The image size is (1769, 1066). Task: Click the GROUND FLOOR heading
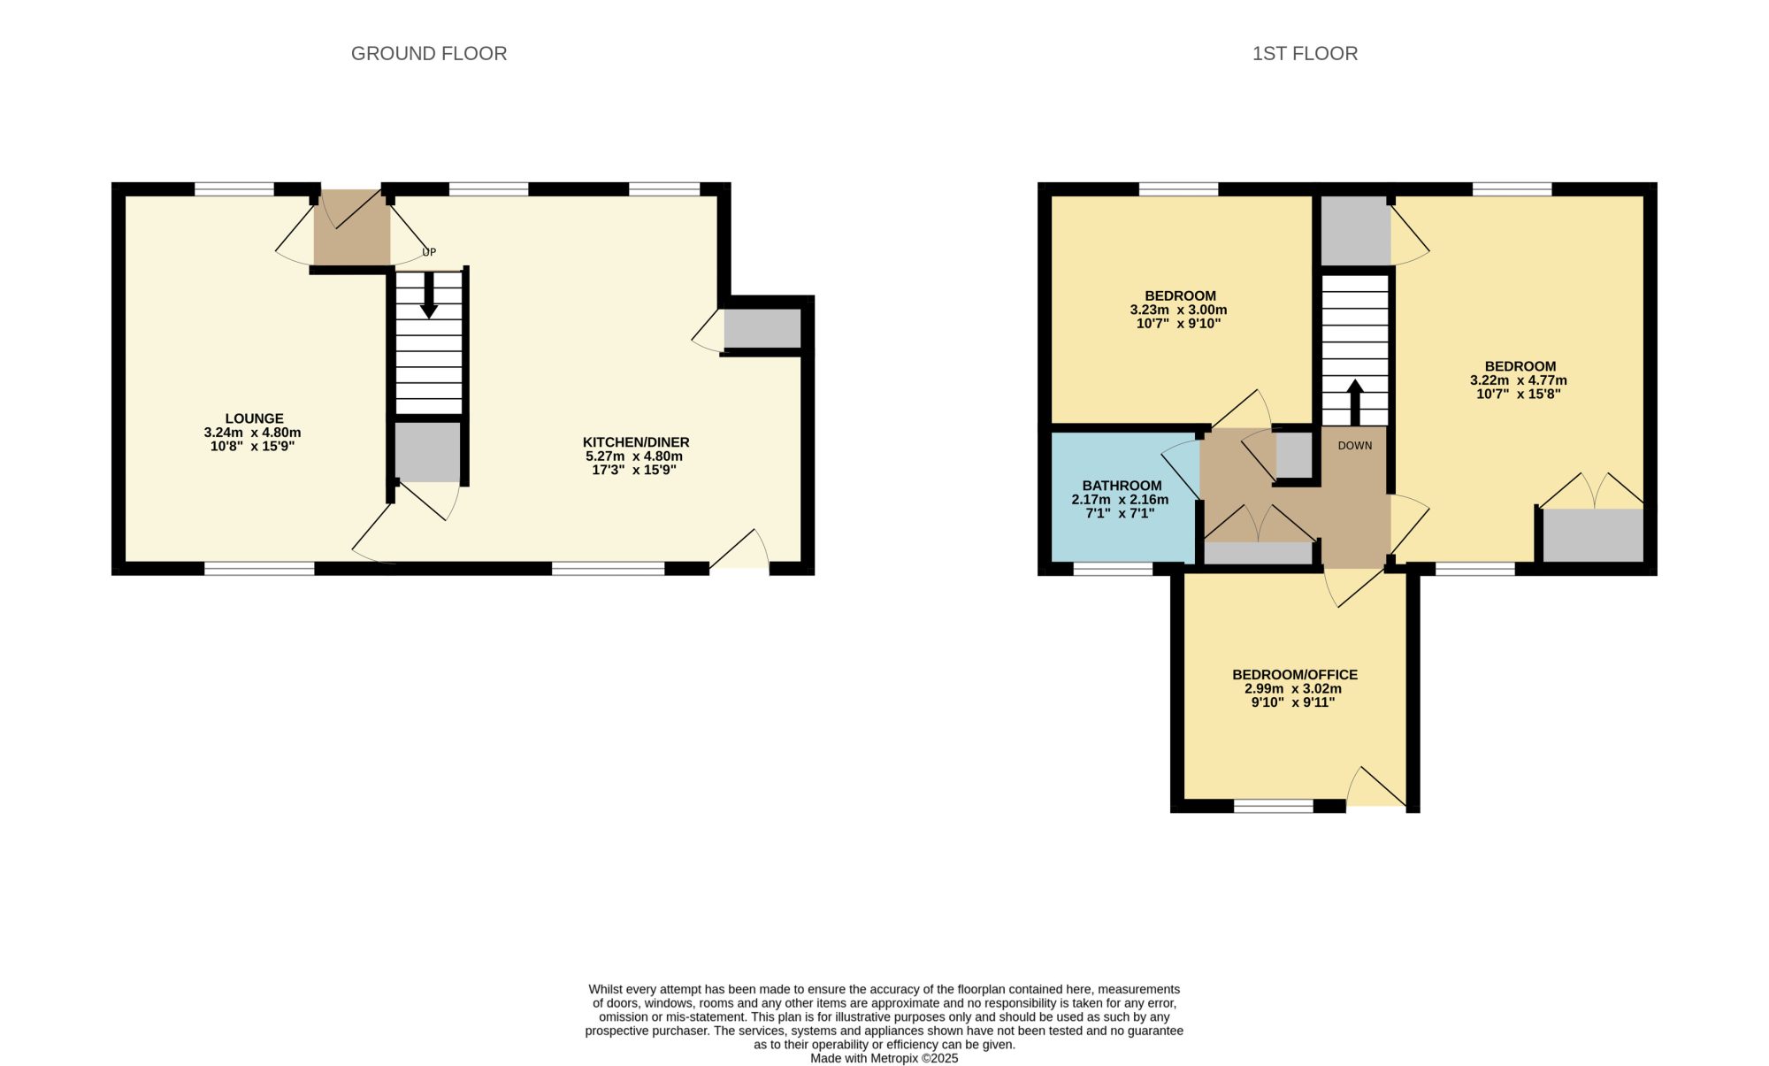coord(429,54)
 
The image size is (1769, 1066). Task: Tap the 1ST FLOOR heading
coord(1305,54)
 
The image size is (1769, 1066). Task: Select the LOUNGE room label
coord(254,418)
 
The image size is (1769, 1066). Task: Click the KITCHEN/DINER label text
coord(636,442)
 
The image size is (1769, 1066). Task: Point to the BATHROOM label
coord(1122,486)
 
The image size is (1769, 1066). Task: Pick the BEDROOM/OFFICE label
coord(1295,675)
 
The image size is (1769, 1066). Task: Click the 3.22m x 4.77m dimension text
coord(1519,380)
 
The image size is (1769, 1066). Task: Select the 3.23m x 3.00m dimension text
coord(1178,311)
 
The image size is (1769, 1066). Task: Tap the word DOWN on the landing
coord(1355,446)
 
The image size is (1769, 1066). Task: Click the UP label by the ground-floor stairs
coord(429,252)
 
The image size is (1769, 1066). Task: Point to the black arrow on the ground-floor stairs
coord(429,295)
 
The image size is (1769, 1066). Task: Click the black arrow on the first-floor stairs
coord(1355,403)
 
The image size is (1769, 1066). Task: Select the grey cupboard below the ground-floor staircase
coord(428,452)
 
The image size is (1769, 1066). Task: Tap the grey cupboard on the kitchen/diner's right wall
coord(762,328)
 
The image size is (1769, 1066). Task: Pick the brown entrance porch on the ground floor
coord(352,227)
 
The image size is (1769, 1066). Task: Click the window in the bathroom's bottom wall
coord(1113,569)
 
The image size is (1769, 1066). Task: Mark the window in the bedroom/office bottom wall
coord(1274,806)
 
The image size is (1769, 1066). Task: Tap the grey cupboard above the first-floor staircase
coord(1354,230)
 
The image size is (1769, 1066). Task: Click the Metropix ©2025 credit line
coord(884,1059)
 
